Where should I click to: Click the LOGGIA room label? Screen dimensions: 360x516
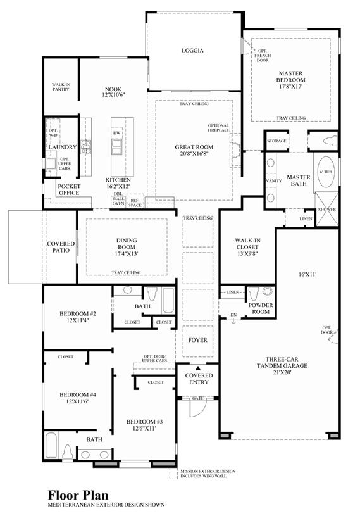click(193, 51)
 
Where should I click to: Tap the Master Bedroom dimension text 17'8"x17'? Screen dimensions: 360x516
click(290, 86)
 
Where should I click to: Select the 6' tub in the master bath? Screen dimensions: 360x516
click(325, 172)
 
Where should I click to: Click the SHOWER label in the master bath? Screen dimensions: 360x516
click(327, 210)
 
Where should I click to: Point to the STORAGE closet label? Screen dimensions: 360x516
click(276, 141)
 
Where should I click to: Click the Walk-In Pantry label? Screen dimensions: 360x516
click(61, 87)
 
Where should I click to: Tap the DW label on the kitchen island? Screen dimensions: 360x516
click(116, 133)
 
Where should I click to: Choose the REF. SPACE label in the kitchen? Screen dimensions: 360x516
click(135, 203)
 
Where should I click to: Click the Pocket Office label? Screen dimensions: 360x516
click(69, 189)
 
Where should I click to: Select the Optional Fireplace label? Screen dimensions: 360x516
click(219, 128)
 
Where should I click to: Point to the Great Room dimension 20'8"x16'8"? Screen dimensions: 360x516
click(194, 154)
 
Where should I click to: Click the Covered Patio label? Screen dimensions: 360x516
click(61, 247)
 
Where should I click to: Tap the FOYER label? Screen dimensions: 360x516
click(197, 340)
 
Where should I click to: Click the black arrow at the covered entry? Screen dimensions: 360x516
click(198, 368)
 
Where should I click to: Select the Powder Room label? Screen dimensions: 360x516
click(261, 308)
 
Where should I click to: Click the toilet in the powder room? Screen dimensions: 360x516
click(253, 293)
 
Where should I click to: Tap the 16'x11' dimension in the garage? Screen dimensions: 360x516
click(307, 274)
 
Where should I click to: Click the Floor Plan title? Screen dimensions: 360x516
click(78, 494)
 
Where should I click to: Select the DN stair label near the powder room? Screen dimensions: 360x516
click(233, 315)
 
